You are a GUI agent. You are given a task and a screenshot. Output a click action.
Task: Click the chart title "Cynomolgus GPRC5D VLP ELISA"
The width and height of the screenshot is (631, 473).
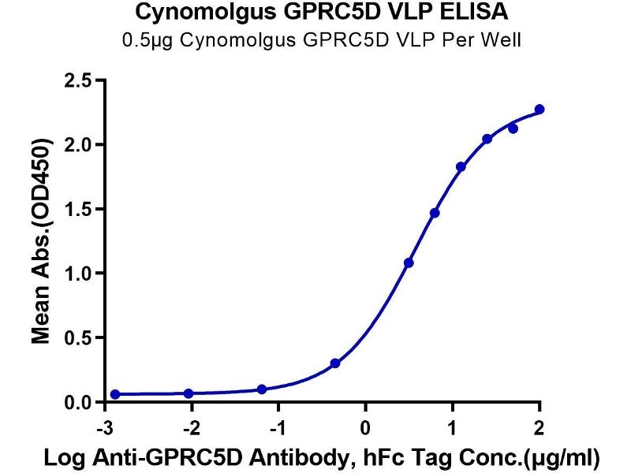point(315,13)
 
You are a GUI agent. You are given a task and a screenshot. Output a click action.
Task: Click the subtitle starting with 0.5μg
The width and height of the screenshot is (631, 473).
point(315,40)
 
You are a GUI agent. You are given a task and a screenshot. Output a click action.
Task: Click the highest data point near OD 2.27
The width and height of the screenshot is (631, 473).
point(540,110)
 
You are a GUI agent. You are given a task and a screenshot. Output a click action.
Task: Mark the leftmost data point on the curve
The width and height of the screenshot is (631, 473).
point(115,394)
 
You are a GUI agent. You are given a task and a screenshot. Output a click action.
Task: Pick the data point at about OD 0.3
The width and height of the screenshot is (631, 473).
point(335,363)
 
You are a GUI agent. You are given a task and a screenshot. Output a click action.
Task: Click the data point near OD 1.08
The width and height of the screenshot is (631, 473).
point(409,263)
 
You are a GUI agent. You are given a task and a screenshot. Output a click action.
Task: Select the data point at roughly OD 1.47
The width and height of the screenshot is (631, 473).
point(435,213)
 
